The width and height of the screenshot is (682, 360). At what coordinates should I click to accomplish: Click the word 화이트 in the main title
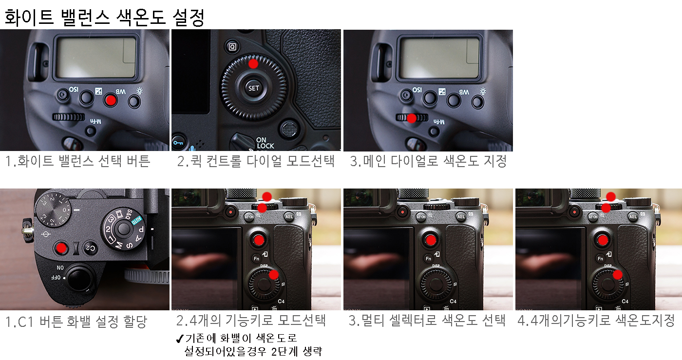(29, 18)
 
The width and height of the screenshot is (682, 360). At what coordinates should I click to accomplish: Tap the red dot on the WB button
(111, 100)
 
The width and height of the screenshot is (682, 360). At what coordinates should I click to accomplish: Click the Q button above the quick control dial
(232, 47)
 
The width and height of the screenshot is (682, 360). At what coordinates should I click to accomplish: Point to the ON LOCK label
(265, 143)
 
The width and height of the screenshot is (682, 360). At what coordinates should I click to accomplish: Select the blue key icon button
(178, 142)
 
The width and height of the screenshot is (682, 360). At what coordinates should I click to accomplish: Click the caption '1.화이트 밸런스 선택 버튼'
(78, 161)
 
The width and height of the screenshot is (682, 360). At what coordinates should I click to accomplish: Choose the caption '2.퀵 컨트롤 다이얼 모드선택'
(256, 161)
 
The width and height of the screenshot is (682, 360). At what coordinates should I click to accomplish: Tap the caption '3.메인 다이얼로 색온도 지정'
(428, 161)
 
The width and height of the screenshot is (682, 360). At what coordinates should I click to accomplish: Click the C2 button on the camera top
(91, 248)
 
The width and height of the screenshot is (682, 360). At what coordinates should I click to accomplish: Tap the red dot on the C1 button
(61, 248)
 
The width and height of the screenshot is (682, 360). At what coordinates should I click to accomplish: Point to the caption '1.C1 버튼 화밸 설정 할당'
(76, 322)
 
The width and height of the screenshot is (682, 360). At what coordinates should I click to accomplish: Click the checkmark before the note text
(180, 339)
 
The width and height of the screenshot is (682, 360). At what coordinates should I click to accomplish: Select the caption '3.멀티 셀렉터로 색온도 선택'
(427, 321)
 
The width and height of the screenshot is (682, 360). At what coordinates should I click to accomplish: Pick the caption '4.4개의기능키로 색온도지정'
(596, 321)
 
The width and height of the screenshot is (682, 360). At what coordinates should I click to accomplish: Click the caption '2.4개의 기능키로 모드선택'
(251, 321)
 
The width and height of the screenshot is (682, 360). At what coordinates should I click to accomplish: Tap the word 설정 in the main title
(189, 18)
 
